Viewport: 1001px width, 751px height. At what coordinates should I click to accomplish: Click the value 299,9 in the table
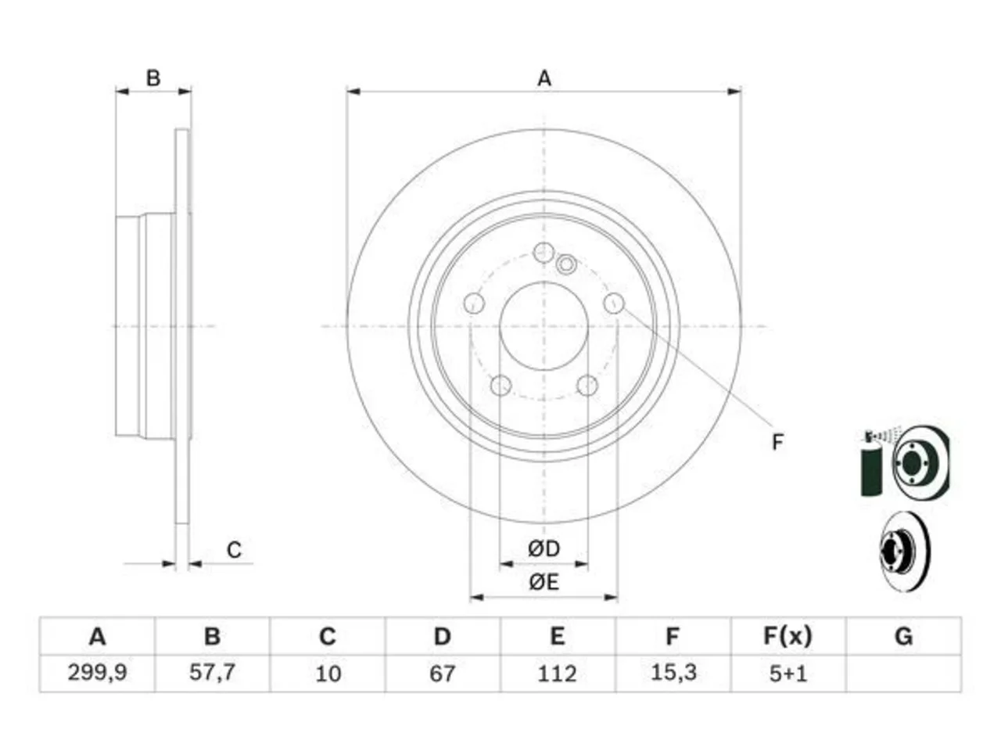(97, 672)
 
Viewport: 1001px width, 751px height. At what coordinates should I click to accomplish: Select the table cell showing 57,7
(212, 672)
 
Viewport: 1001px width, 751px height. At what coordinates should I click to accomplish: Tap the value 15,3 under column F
(673, 672)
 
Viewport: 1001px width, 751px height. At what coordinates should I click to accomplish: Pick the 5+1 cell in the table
(788, 674)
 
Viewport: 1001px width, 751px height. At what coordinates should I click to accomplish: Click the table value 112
(557, 674)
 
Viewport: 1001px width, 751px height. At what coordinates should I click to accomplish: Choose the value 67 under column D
(442, 674)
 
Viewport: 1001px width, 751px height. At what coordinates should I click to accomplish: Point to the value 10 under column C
(328, 674)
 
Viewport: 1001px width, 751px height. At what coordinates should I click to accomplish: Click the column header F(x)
(788, 636)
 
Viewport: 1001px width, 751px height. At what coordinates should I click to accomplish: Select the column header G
(903, 636)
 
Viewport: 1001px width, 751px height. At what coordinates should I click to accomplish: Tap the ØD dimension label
(544, 548)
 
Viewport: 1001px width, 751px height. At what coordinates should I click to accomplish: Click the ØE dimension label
(544, 582)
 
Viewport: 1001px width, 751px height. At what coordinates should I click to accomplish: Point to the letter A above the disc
(544, 78)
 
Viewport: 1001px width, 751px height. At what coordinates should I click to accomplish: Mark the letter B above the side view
(153, 78)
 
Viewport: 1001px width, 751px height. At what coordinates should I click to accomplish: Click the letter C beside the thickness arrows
(234, 550)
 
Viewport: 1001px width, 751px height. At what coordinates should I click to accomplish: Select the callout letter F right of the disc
(777, 442)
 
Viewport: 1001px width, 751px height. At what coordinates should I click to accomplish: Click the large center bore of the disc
(544, 325)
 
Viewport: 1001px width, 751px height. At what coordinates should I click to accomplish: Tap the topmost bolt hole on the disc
(544, 253)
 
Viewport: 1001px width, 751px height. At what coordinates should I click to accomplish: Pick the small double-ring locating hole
(566, 264)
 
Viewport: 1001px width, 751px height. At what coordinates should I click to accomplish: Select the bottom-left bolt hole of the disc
(500, 385)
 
